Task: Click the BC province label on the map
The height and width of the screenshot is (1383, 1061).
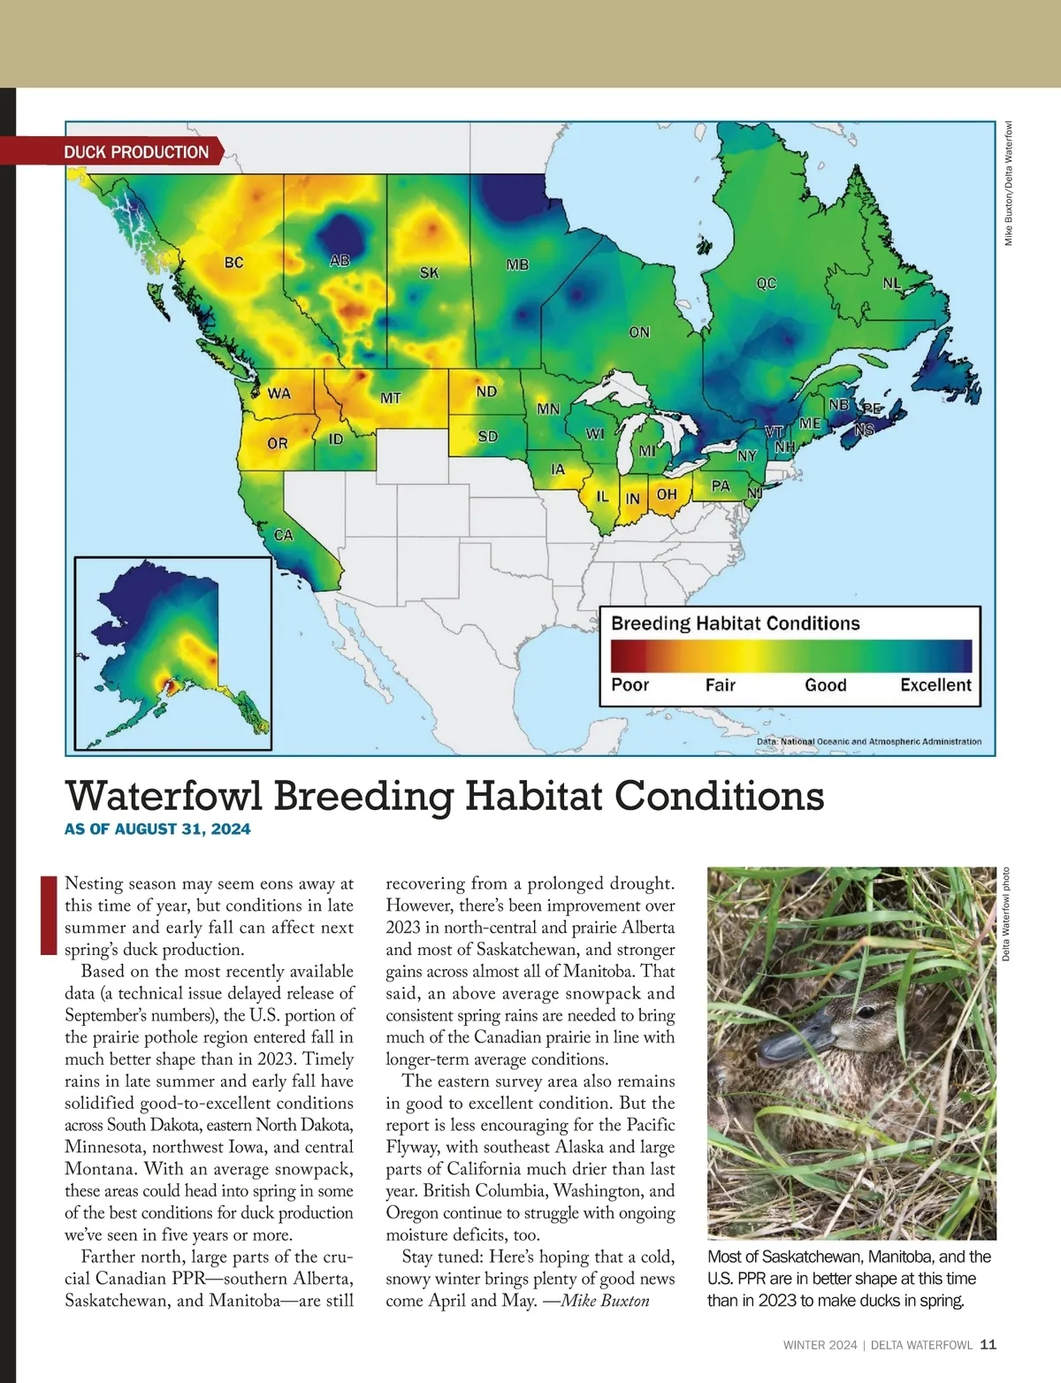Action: (233, 263)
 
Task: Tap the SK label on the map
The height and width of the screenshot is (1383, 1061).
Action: (429, 273)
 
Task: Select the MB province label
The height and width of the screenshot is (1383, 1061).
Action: (517, 264)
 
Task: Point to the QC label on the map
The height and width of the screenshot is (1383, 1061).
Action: (766, 283)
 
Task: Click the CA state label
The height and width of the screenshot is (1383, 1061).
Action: (283, 535)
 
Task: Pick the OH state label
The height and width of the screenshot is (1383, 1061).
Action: (667, 495)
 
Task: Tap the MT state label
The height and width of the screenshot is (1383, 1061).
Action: (391, 399)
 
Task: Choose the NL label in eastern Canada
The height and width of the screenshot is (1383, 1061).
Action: (892, 284)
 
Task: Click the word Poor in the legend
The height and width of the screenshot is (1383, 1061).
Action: (630, 685)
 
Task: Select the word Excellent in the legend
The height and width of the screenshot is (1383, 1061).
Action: (935, 685)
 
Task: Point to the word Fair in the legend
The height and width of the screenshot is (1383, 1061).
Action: (721, 685)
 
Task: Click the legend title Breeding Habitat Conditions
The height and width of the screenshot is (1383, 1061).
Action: (735, 623)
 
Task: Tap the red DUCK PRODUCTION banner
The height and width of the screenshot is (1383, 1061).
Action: (136, 152)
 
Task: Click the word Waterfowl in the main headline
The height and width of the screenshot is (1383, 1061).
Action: (164, 796)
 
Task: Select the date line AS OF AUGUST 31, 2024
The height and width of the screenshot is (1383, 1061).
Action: (157, 829)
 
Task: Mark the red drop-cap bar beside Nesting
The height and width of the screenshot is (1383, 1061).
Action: (49, 915)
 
